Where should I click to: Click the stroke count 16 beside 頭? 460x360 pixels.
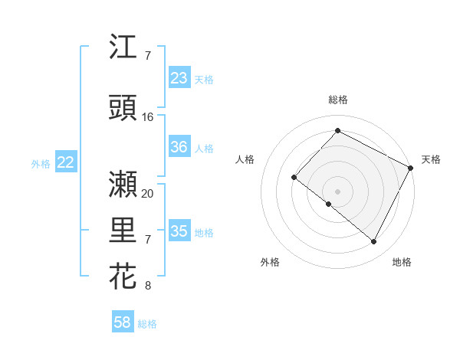pyautogui.click(x=148, y=117)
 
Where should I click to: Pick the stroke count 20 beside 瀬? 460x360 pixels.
pyautogui.click(x=148, y=193)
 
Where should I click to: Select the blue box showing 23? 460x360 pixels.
pyautogui.click(x=179, y=78)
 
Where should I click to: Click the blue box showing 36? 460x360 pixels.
pyautogui.click(x=179, y=148)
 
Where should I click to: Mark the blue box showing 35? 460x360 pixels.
pyautogui.click(x=179, y=232)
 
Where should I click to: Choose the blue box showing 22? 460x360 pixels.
pyautogui.click(x=66, y=162)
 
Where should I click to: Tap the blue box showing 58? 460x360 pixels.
pyautogui.click(x=123, y=322)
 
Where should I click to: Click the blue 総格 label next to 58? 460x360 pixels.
pyautogui.click(x=147, y=324)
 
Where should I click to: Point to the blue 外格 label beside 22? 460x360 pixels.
pyautogui.click(x=41, y=163)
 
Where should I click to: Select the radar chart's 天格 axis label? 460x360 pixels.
pyautogui.click(x=431, y=159)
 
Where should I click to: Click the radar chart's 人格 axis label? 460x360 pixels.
pyautogui.click(x=245, y=159)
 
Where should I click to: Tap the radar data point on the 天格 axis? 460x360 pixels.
pyautogui.click(x=411, y=168)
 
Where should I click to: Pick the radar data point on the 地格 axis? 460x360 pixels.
pyautogui.click(x=374, y=242)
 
